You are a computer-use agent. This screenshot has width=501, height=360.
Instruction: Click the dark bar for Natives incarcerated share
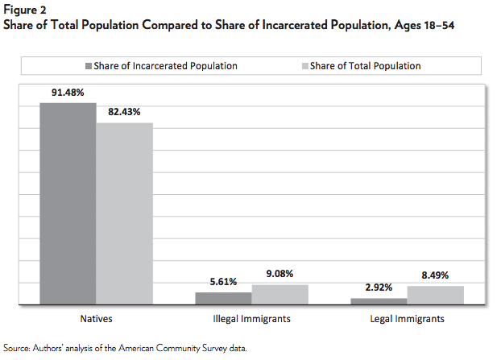tap(68, 204)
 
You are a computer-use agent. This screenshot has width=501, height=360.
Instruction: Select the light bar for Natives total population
tap(124, 213)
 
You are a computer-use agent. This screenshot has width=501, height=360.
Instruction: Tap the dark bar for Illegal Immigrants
tap(224, 298)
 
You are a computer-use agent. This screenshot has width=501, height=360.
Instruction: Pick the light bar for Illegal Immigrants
tap(279, 294)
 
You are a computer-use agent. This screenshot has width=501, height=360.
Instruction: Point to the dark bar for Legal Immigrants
tap(379, 301)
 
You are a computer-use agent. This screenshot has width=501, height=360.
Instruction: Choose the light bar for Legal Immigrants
tap(435, 295)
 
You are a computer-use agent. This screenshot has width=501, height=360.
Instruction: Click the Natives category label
tap(97, 319)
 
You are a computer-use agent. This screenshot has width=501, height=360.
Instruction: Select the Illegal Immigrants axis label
tap(251, 319)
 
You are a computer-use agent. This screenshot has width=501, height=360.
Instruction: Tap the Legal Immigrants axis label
tap(408, 319)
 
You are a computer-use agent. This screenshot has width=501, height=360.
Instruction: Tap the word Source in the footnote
tap(18, 347)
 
